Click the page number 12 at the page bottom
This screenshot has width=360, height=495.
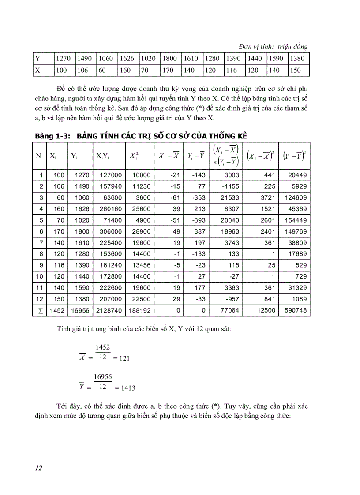click(38, 468)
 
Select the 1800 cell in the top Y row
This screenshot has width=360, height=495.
click(169, 58)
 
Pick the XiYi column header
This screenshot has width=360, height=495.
click(103, 156)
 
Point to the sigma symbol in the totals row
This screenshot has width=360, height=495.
click(38, 311)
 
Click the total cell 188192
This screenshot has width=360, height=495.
click(139, 311)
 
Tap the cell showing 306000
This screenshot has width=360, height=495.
click(110, 231)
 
